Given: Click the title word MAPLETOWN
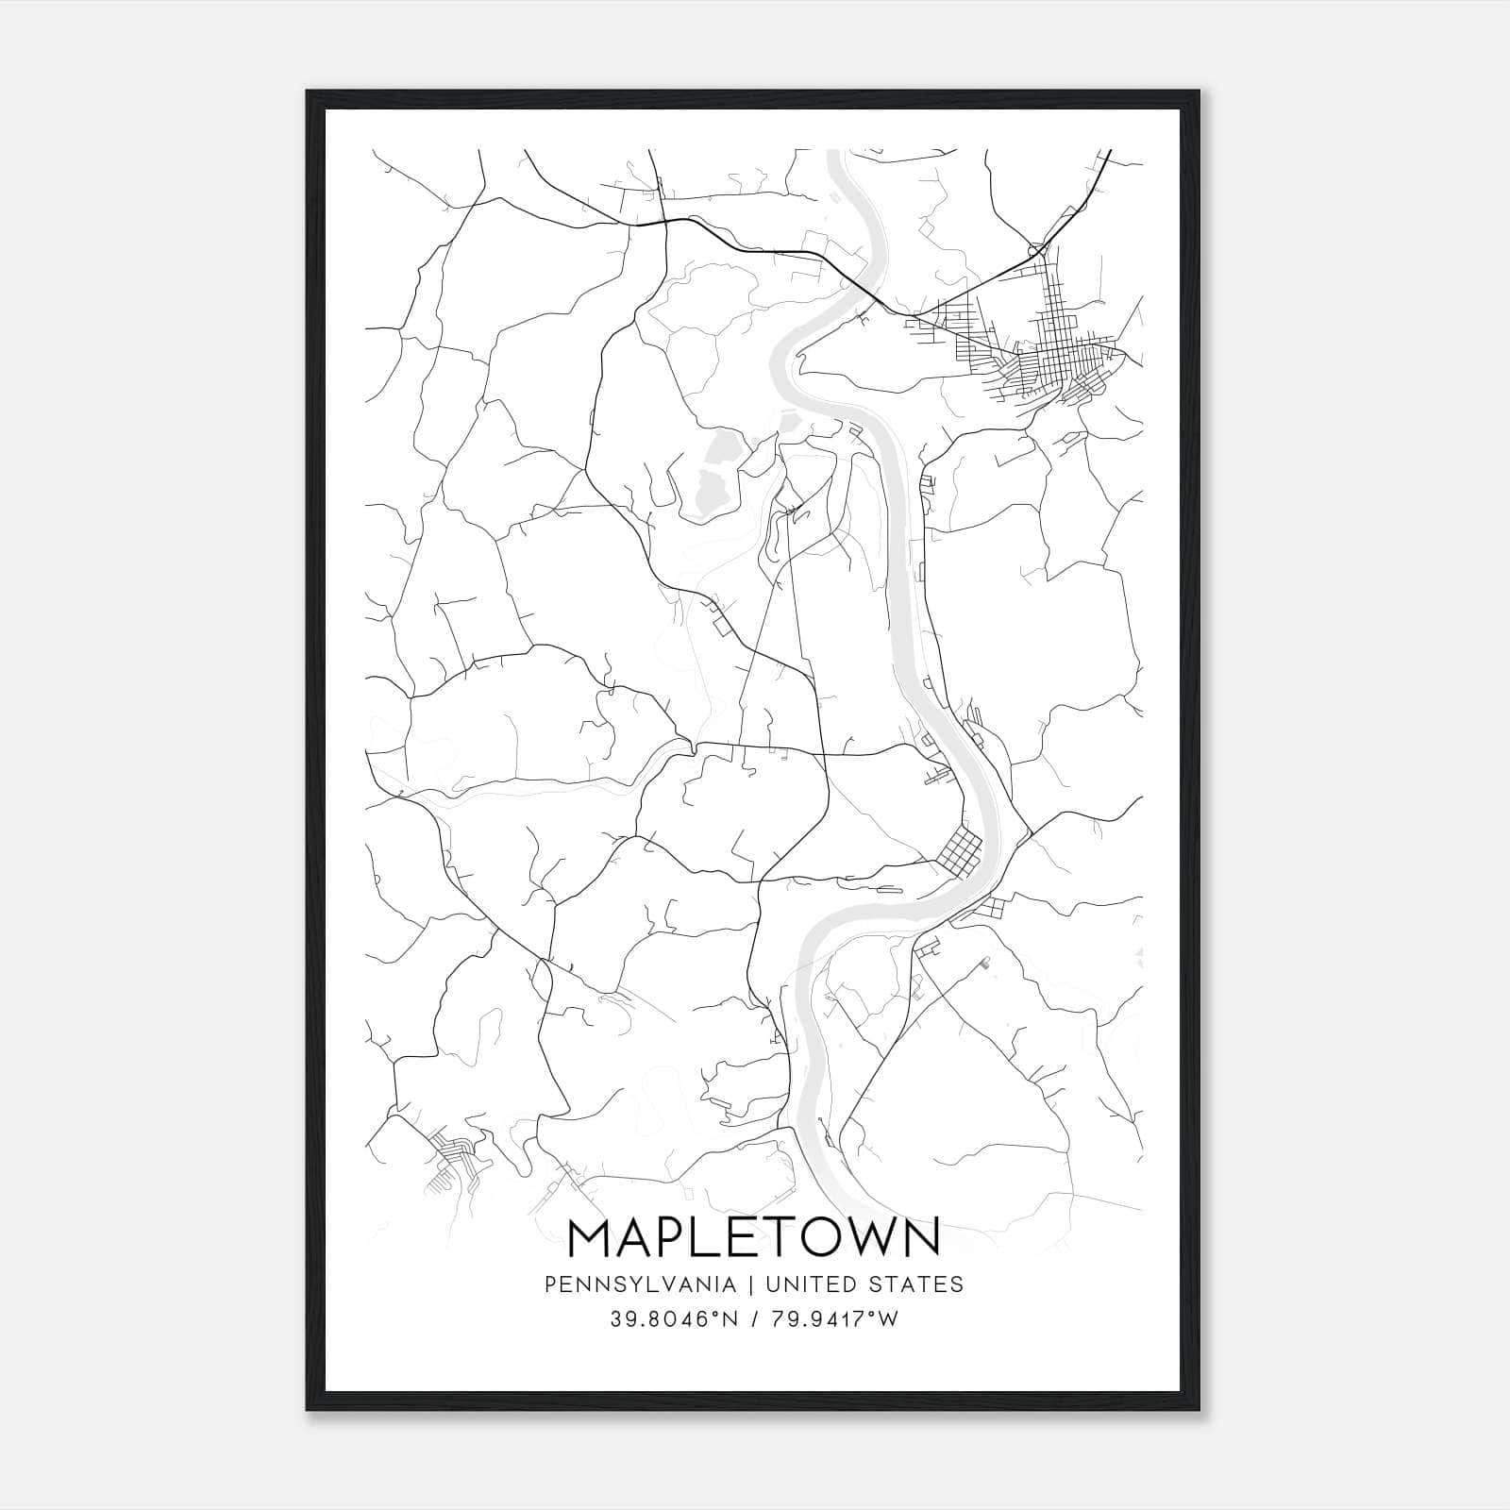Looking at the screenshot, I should tap(754, 1237).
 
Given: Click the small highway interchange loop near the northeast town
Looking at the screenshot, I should tap(1038, 249).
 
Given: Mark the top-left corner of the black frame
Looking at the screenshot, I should tap(307, 91).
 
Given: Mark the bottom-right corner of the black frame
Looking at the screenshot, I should tap(1200, 1411).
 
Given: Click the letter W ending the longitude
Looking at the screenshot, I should tap(889, 1319).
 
